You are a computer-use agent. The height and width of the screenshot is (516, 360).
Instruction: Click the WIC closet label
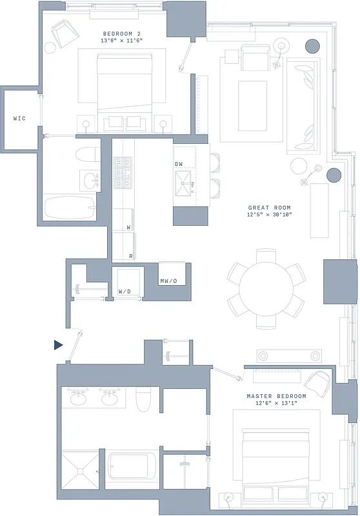pos(19,119)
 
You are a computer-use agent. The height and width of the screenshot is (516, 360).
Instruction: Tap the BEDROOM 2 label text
pos(122,33)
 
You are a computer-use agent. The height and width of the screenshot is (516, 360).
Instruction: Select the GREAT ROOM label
pos(270,208)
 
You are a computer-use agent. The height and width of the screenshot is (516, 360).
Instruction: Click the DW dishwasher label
pos(179,164)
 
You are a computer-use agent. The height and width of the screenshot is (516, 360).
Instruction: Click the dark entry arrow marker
pos(58,345)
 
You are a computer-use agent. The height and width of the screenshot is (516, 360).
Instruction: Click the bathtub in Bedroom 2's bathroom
pos(70,208)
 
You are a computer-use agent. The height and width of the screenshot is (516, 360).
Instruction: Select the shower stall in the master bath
pos(81,473)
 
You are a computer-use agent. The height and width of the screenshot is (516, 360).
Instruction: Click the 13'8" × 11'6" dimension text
pos(122,41)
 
